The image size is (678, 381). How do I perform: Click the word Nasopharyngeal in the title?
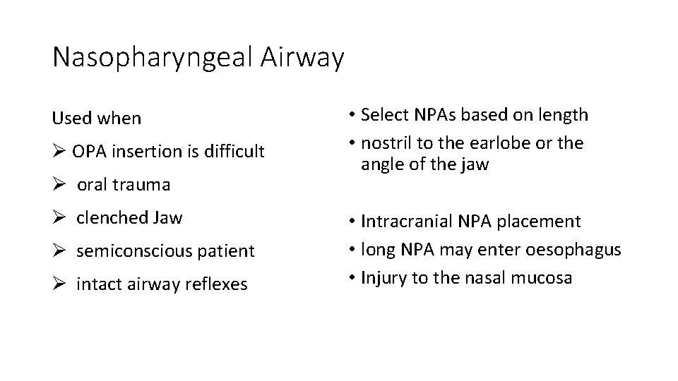pyautogui.click(x=148, y=58)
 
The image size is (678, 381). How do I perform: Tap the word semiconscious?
pyautogui.click(x=132, y=250)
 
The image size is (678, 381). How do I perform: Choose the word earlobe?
pyautogui.click(x=517, y=143)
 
